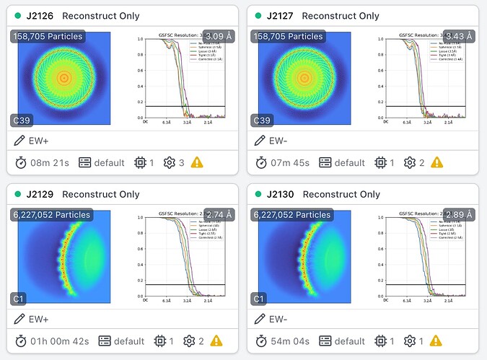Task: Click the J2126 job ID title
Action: [41, 16]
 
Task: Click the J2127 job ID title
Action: [281, 16]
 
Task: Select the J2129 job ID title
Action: [41, 194]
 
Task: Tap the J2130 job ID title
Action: [281, 194]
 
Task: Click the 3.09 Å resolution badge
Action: [220, 35]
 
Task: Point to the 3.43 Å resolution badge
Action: [459, 35]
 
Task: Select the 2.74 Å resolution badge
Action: [220, 214]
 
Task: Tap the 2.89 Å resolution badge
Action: [459, 214]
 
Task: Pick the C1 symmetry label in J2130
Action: [260, 299]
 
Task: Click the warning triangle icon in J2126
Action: [197, 163]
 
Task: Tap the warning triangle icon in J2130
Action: [436, 341]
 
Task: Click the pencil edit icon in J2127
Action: [259, 140]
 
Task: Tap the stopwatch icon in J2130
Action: [260, 341]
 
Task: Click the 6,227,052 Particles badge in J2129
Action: [51, 214]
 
